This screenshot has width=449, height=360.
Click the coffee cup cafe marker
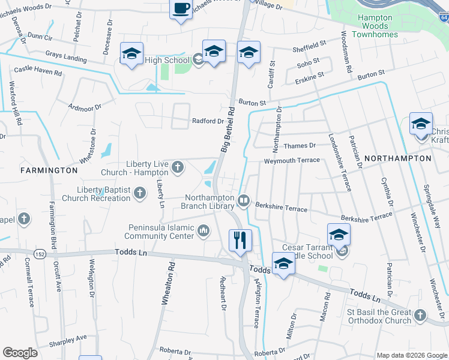coord(181,9)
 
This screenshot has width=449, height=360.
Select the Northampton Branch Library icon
coord(243,201)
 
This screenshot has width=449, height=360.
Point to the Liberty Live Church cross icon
coord(178,167)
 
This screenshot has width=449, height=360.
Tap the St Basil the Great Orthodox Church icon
coord(420,314)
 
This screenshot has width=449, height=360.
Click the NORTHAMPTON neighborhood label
coord(397,158)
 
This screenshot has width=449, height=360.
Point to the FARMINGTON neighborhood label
coord(49,170)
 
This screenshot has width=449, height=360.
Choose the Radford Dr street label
coord(208,121)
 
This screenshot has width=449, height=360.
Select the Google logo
coord(20,353)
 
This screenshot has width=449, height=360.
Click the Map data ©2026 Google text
coord(411,355)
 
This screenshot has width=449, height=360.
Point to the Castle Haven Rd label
coord(38,72)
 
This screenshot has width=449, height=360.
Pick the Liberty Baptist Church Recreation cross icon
coord(140,193)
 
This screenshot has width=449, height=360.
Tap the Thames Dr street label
coord(298,146)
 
